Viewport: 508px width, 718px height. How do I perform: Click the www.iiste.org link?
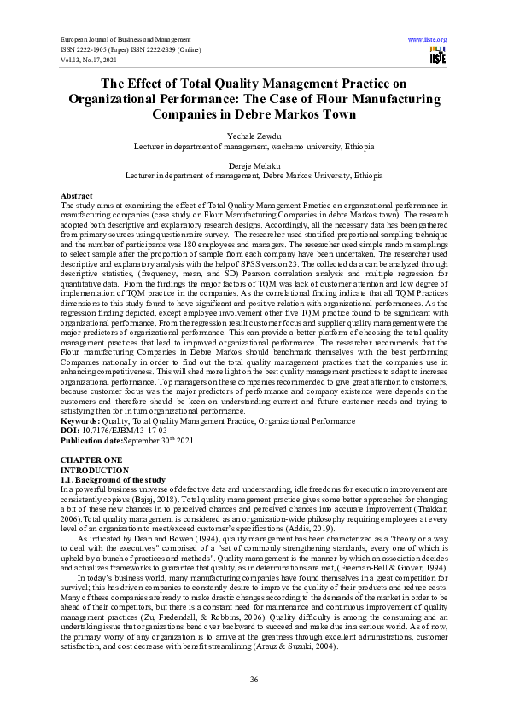pos(428,40)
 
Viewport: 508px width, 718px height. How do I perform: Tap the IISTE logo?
pos(437,56)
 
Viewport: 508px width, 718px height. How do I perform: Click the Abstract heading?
pos(77,196)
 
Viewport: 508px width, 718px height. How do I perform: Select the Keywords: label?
pos(79,420)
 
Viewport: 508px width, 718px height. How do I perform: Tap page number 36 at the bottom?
pos(254,678)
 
